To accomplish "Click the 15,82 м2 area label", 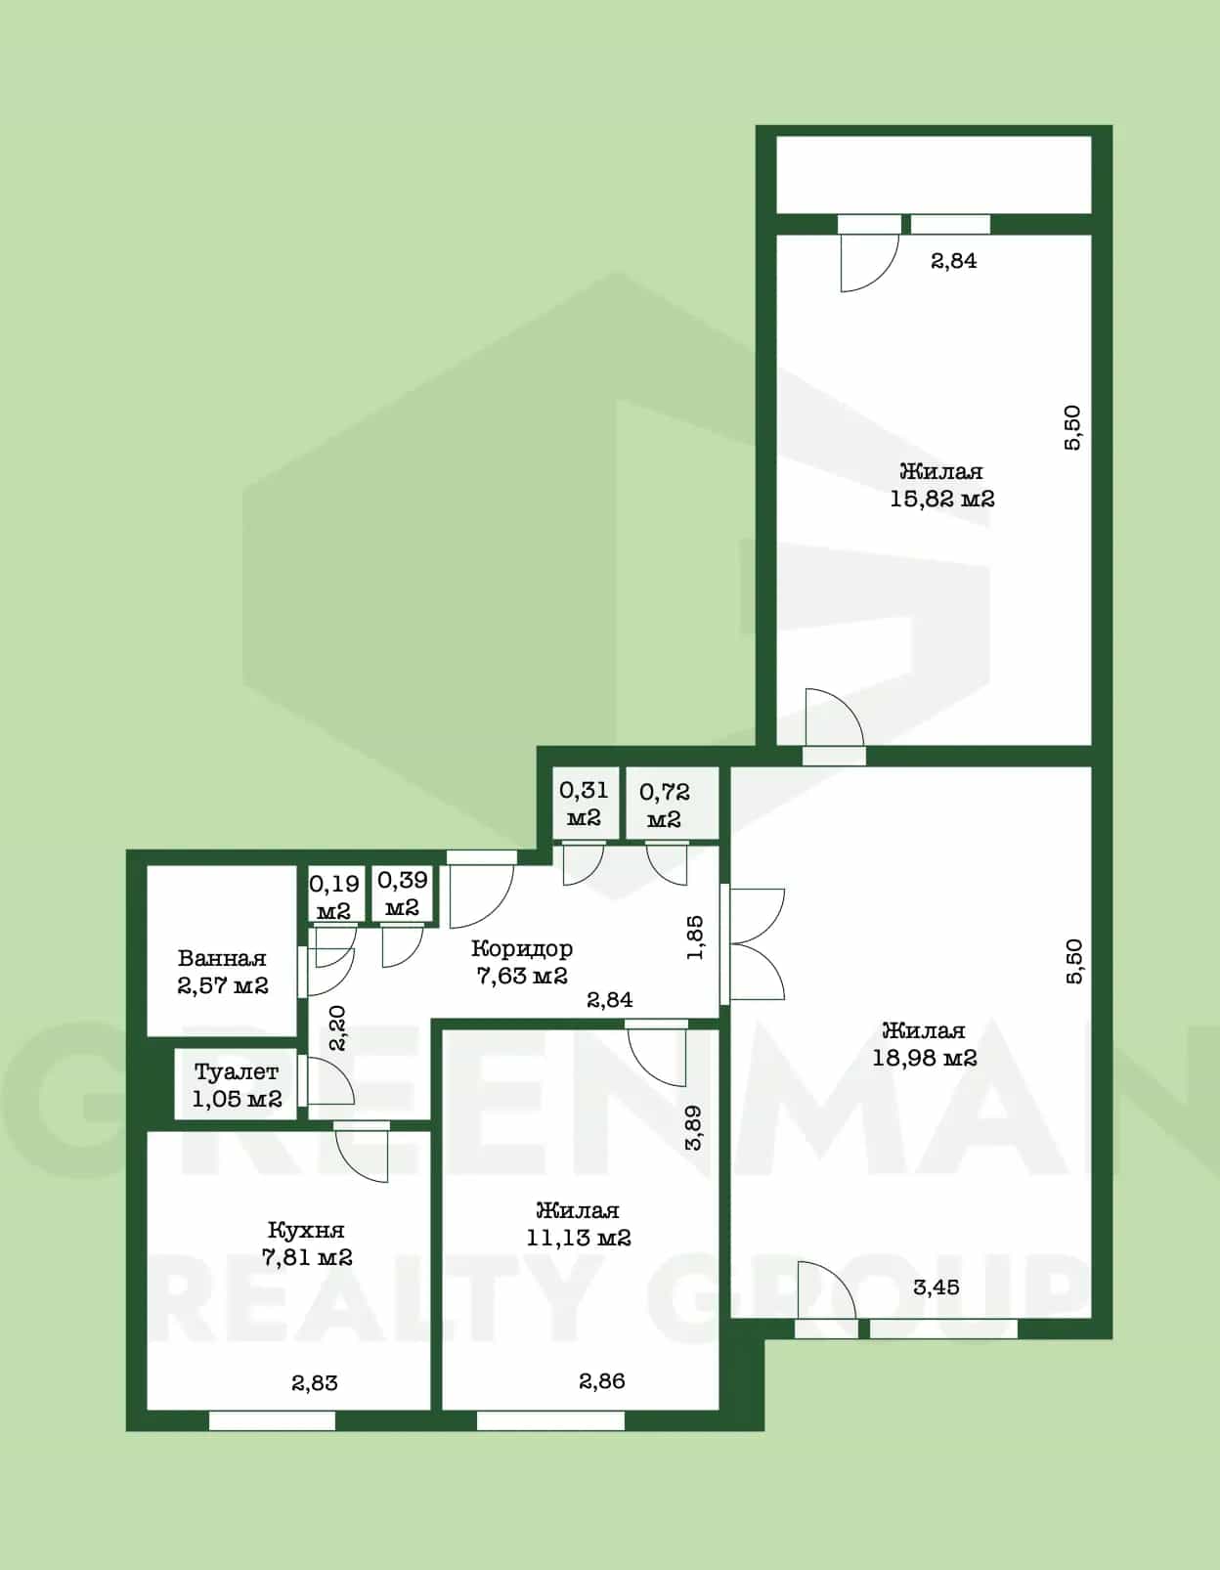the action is [942, 499].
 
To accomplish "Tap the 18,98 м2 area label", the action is [925, 1058].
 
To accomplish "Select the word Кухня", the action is [306, 1230].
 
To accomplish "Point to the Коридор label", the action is [522, 948].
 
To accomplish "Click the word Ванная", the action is [222, 958].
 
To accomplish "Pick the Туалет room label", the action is [237, 1071].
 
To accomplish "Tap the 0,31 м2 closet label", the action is [584, 804].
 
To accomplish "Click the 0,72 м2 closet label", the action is [665, 806].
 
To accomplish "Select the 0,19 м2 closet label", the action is [333, 896].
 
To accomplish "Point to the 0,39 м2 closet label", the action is [403, 893].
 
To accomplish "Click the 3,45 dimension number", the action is [937, 1287].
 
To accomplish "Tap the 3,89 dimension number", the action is [693, 1128].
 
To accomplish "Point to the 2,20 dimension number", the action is [337, 1028].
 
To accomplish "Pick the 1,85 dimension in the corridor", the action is [694, 938].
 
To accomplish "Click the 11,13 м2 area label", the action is [579, 1238].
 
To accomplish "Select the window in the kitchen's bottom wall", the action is [273, 1420].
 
